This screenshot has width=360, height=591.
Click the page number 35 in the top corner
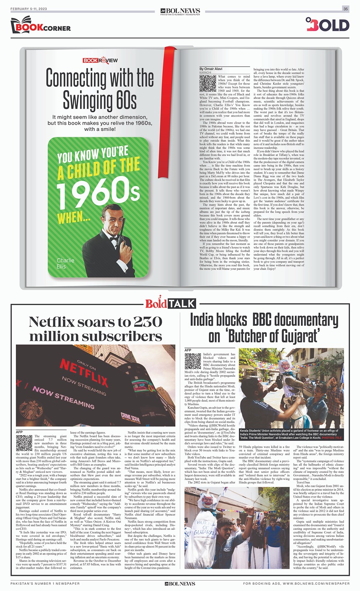tap(346, 9)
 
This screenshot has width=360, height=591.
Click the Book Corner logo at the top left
tap(41, 26)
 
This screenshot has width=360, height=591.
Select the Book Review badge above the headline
tap(100, 60)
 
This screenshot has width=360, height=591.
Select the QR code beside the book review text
tap(207, 83)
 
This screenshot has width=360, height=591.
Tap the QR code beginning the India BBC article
tap(193, 361)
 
